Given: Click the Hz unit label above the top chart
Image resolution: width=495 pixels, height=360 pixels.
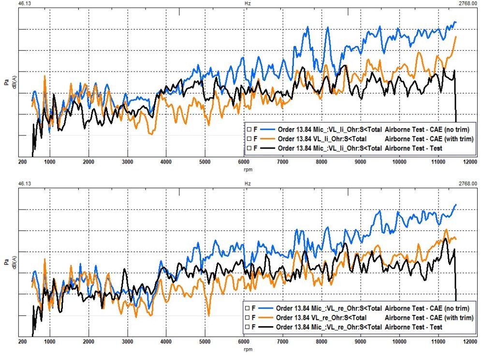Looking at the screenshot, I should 247,3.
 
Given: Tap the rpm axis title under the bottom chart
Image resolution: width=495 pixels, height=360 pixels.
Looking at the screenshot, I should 247,349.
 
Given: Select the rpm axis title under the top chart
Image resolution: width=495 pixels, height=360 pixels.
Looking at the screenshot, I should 247,170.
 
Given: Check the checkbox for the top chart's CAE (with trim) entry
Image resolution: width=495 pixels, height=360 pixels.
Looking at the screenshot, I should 248,139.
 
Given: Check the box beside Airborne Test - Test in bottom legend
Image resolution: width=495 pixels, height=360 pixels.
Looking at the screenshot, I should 247,328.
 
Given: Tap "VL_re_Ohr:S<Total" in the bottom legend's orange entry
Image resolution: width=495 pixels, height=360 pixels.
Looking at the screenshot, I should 338,318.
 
